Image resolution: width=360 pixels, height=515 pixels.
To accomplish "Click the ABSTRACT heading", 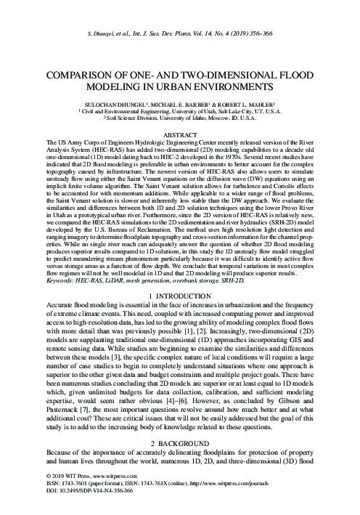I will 180,134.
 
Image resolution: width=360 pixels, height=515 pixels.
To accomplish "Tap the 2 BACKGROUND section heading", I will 180,422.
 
